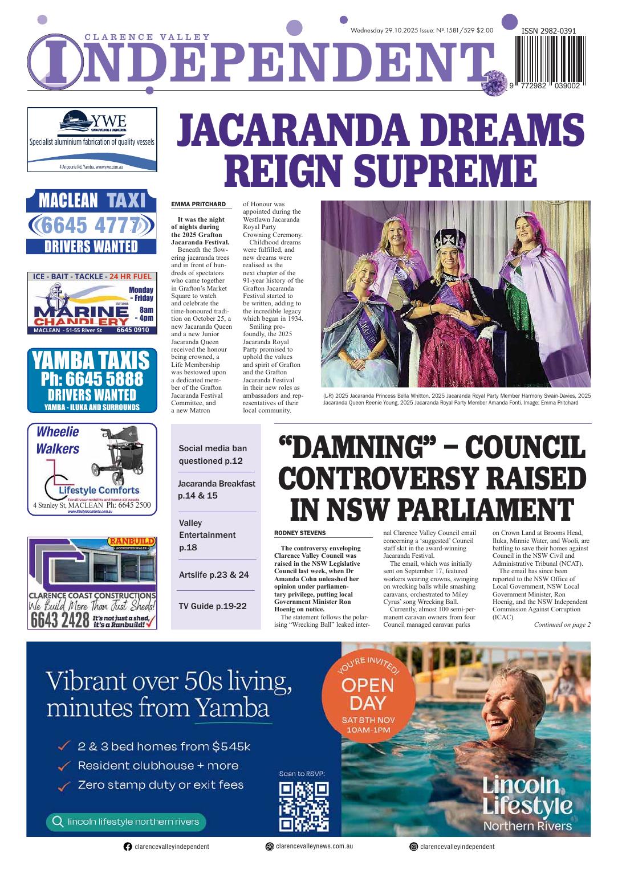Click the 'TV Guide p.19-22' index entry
tap(213, 606)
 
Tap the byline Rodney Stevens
tap(300, 533)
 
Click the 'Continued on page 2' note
tap(562, 624)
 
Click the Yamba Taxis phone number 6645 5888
tap(91, 378)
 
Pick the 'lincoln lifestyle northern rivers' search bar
tap(125, 821)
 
